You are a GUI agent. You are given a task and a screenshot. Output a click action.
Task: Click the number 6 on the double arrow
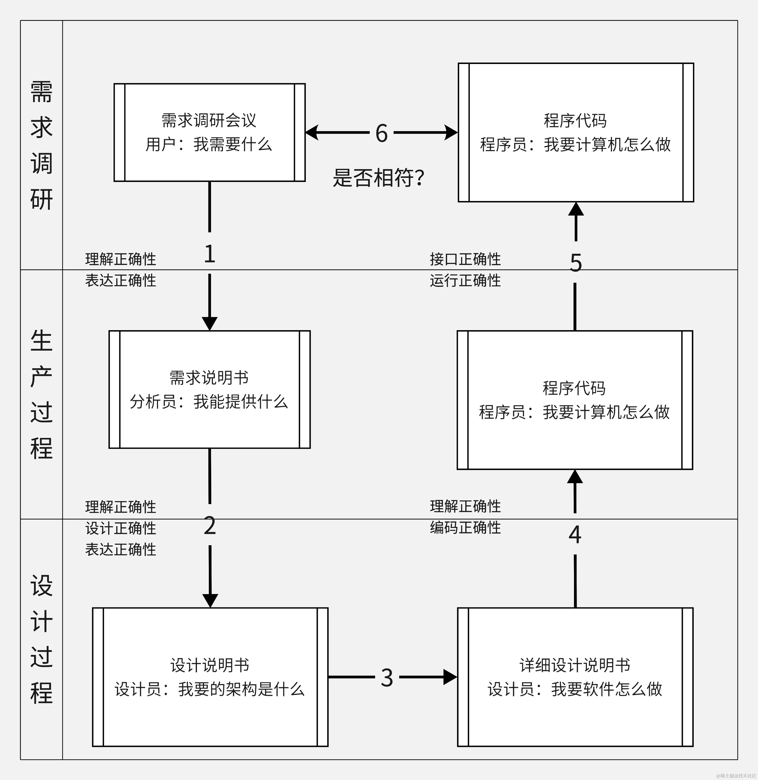tap(382, 133)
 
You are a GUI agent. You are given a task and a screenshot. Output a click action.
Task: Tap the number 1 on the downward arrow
tap(209, 254)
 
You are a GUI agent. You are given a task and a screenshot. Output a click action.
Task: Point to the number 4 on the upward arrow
tap(575, 535)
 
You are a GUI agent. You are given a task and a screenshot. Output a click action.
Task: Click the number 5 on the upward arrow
tap(576, 263)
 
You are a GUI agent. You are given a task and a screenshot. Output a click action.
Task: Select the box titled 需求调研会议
tap(209, 132)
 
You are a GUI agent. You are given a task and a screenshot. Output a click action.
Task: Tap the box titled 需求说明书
tap(209, 389)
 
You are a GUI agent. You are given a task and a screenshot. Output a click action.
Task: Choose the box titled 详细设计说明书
tap(575, 677)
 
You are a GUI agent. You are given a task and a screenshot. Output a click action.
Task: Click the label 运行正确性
tap(465, 280)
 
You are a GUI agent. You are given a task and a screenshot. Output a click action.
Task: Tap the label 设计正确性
tap(121, 528)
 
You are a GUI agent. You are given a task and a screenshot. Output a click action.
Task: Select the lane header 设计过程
tap(41, 639)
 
